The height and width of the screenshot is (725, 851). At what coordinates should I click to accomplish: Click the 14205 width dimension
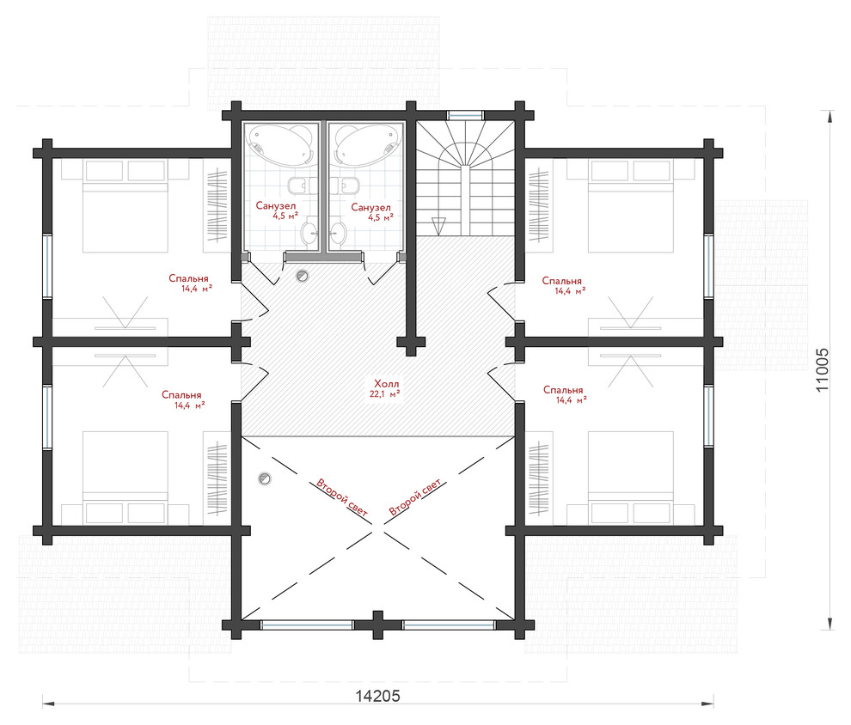(x=377, y=695)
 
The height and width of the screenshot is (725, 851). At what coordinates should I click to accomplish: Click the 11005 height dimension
(x=822, y=370)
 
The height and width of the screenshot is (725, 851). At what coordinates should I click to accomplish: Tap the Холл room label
(x=386, y=384)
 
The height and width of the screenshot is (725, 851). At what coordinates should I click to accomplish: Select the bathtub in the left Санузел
(x=280, y=143)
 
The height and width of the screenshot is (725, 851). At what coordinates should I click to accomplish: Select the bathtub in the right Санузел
(x=368, y=143)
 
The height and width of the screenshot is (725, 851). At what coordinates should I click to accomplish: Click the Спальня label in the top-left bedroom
(x=188, y=278)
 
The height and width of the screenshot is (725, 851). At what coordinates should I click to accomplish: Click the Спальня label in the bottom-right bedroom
(x=563, y=391)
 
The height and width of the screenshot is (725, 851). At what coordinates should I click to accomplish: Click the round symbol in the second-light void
(x=265, y=478)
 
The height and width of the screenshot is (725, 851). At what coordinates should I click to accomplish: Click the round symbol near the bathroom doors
(x=302, y=276)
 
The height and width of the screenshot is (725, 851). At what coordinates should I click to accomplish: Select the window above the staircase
(x=464, y=115)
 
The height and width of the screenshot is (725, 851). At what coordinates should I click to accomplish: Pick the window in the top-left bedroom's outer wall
(x=47, y=265)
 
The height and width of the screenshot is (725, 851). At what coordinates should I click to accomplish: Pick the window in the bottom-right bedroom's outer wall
(x=708, y=416)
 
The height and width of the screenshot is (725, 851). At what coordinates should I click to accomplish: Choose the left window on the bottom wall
(x=307, y=624)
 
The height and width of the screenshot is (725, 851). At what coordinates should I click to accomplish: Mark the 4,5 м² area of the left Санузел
(x=285, y=216)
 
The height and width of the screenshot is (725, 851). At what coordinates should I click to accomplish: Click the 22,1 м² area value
(x=385, y=394)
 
